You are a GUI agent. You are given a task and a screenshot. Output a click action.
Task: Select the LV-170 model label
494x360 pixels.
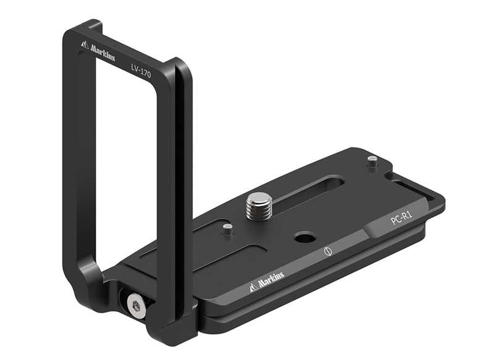click(x=141, y=69)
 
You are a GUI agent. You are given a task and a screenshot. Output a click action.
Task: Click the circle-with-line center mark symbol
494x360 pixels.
click(x=328, y=252)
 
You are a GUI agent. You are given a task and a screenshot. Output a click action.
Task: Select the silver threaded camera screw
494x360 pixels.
click(x=257, y=204)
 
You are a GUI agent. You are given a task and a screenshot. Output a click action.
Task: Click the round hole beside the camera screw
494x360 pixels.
click(x=303, y=237)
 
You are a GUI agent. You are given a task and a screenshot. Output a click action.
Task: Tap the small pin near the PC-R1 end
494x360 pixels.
click(x=371, y=162)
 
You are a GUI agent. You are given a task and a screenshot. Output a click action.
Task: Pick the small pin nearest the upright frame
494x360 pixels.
click(x=228, y=230)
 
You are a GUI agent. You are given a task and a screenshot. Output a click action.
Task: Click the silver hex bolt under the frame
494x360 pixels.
click(x=135, y=305)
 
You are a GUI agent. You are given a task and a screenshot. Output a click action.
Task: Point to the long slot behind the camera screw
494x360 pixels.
click(x=309, y=186)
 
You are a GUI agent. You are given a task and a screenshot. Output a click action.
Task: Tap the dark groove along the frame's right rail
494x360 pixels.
click(x=178, y=185)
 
